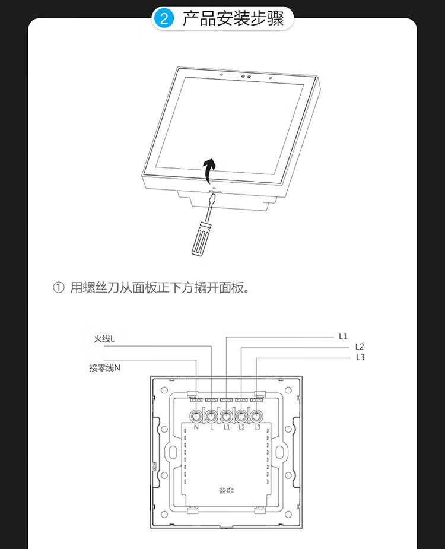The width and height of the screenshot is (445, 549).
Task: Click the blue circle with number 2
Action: [x=164, y=18]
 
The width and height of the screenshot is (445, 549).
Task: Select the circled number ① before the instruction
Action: [x=58, y=288]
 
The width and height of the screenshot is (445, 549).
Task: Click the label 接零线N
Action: [x=105, y=367]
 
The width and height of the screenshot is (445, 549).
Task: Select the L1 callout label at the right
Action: [x=343, y=336]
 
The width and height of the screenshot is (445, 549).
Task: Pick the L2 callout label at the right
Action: [x=360, y=347]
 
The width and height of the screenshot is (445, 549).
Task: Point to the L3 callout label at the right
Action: [x=360, y=357]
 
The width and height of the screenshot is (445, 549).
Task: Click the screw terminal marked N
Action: [x=196, y=414]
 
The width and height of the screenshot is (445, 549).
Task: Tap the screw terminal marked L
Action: [x=212, y=414]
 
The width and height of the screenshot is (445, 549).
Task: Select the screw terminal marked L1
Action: [x=227, y=414]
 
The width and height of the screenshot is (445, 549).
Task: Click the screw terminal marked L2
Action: [x=241, y=414]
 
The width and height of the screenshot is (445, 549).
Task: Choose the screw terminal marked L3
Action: [x=256, y=414]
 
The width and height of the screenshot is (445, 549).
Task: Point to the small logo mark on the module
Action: [x=226, y=490]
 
